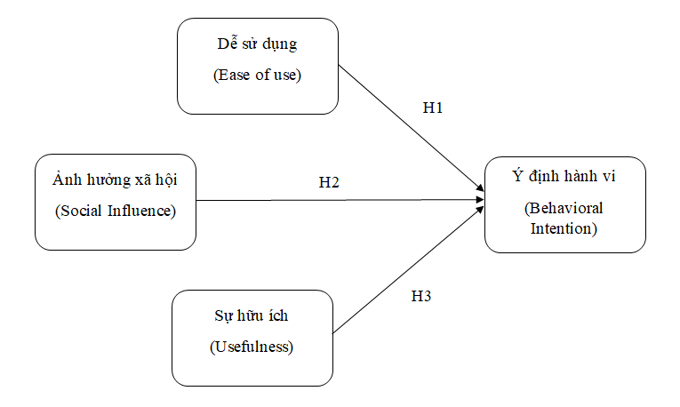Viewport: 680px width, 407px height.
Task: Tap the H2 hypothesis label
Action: pyautogui.click(x=329, y=183)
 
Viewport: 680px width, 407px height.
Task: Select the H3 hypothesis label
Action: pyautogui.click(x=421, y=296)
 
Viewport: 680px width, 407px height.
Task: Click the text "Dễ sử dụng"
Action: pyautogui.click(x=258, y=44)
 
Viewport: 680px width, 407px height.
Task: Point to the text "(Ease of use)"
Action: pyautogui.click(x=258, y=75)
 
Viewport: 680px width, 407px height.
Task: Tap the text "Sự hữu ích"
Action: pyautogui.click(x=252, y=315)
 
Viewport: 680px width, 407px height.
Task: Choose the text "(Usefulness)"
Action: pyautogui.click(x=252, y=347)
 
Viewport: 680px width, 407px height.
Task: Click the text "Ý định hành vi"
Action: pyautogui.click(x=564, y=177)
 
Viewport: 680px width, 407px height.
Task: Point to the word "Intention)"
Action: pyautogui.click(x=564, y=227)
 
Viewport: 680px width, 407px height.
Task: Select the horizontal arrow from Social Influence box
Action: pyautogui.click(x=338, y=200)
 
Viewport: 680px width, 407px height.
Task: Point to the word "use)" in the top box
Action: pyautogui.click(x=289, y=75)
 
